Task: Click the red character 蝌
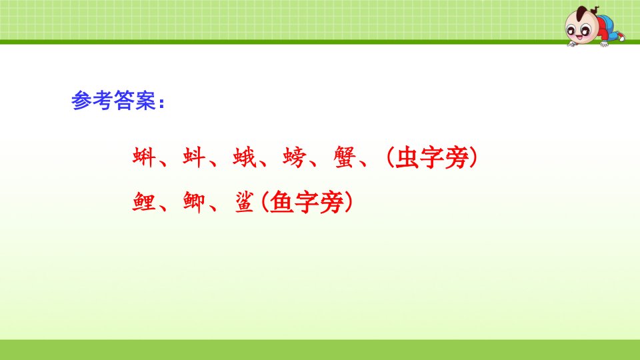tap(144, 157)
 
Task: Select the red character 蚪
tap(194, 157)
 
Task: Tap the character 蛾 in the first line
tap(244, 157)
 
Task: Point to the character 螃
tap(294, 157)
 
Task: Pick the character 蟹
tap(345, 157)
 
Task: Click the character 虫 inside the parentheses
tap(407, 157)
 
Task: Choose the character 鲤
tap(144, 202)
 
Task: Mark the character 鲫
tap(194, 202)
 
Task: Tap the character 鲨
tap(244, 202)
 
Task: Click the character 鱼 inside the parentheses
tap(282, 202)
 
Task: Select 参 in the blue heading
tap(81, 100)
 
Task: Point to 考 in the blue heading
tap(103, 100)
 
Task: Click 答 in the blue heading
tap(124, 100)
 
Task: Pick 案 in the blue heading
tap(145, 100)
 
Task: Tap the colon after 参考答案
tap(161, 102)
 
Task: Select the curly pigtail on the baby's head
tap(595, 10)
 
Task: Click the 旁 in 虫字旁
tap(456, 157)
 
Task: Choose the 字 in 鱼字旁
tap(307, 202)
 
